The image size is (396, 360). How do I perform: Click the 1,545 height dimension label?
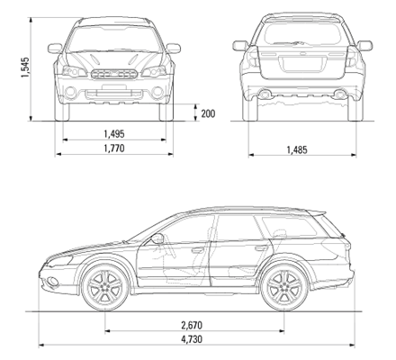tap(25, 67)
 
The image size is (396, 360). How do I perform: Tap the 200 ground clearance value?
tap(208, 113)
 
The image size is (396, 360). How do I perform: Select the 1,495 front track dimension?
tap(114, 134)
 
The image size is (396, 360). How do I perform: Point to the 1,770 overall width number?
tap(114, 148)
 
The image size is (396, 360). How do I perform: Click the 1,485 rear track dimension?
tap(297, 149)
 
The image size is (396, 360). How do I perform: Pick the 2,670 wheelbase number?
tap(192, 325)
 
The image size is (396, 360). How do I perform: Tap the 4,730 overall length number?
tap(192, 339)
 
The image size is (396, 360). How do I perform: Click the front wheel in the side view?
tap(105, 287)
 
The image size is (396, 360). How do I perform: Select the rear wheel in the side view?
tap(283, 287)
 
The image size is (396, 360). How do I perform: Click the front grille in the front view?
tap(114, 74)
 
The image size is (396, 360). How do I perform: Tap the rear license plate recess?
tap(301, 64)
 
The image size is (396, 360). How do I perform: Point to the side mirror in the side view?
tap(157, 238)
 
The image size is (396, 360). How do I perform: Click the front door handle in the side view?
tap(198, 249)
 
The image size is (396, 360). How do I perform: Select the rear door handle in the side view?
tap(261, 248)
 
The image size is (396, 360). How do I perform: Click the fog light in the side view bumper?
tap(53, 281)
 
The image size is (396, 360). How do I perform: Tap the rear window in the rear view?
tap(302, 32)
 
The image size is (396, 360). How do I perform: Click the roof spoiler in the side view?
tap(317, 212)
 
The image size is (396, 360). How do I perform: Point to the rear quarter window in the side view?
tap(290, 226)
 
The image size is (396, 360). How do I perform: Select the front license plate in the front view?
tap(114, 87)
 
